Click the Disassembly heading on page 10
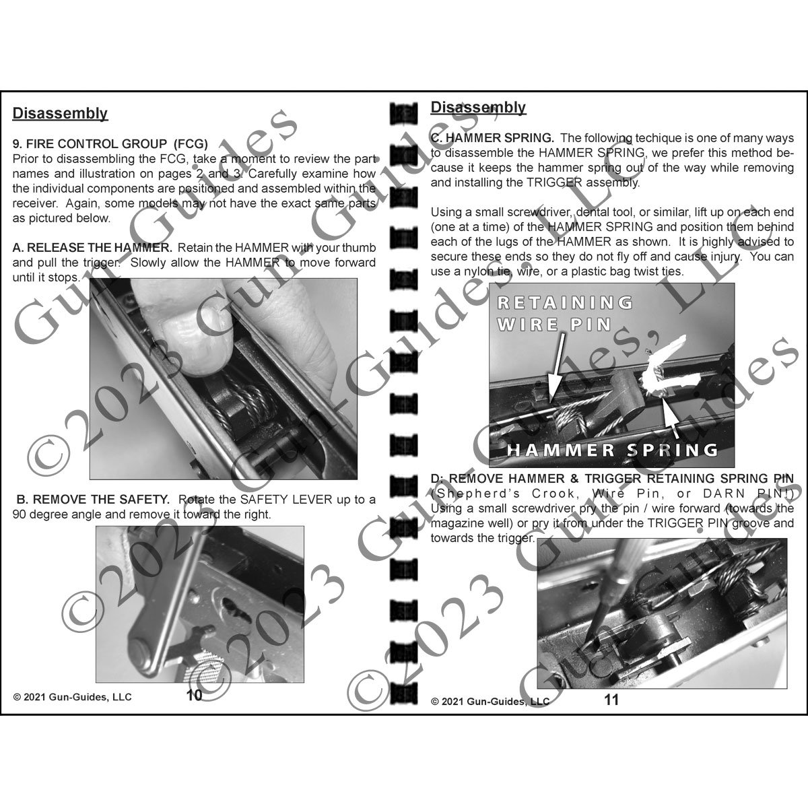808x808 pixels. (60, 113)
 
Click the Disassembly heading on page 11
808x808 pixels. (478, 107)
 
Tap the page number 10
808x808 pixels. (194, 696)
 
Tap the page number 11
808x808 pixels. (611, 700)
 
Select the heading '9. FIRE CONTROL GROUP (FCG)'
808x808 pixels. (110, 143)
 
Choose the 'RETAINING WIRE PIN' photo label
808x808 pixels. (564, 313)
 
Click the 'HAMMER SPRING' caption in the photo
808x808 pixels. (611, 449)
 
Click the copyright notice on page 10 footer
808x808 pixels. (73, 697)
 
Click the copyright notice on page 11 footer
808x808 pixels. (490, 701)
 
